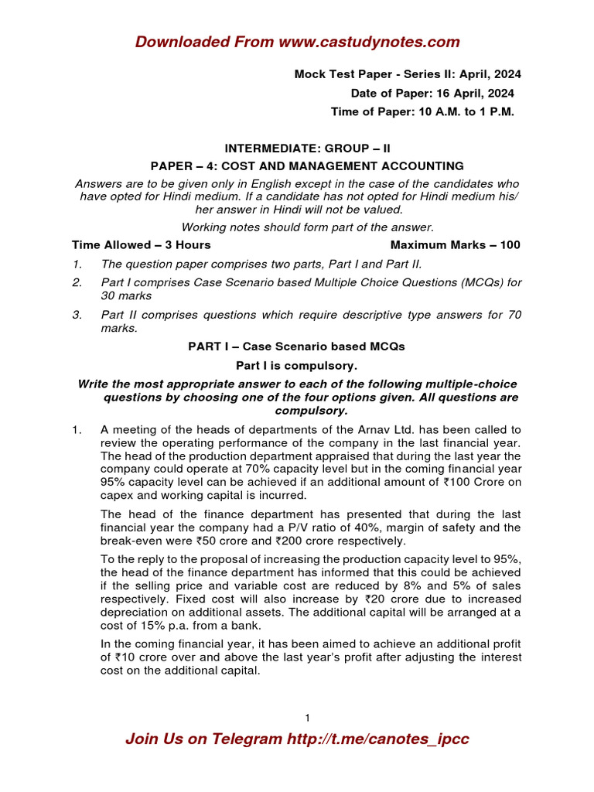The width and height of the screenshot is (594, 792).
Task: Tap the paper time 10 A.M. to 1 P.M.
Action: [x=463, y=111]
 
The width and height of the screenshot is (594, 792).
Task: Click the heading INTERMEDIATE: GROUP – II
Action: [x=296, y=147]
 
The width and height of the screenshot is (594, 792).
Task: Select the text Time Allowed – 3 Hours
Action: [x=142, y=244]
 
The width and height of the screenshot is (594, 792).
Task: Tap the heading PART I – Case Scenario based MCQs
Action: [x=296, y=346]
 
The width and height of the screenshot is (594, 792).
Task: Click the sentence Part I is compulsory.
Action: [x=296, y=365]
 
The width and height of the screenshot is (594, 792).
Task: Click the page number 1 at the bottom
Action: [x=307, y=718]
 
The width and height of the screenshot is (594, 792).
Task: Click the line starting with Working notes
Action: [x=307, y=227]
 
